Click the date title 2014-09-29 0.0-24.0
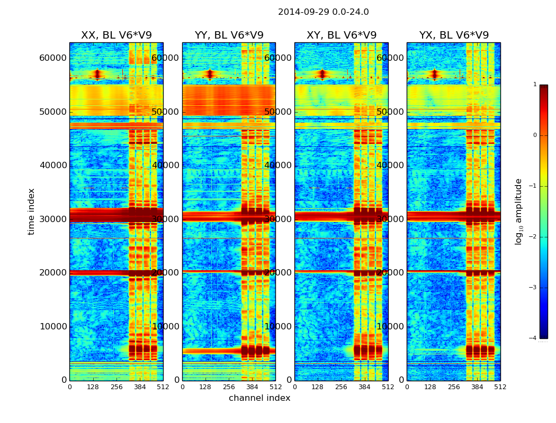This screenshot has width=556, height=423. (x=323, y=12)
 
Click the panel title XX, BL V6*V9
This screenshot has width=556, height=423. (x=116, y=35)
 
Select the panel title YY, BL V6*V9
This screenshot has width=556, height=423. (x=229, y=35)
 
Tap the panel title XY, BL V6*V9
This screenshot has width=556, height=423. (x=341, y=35)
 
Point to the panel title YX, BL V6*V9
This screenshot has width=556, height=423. (x=454, y=35)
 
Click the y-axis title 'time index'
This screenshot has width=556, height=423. (x=31, y=212)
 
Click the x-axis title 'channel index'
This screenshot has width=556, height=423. (x=259, y=398)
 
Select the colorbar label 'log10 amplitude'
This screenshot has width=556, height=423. (x=519, y=212)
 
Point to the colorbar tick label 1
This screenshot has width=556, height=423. (x=535, y=85)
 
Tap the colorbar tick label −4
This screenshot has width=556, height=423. (x=534, y=338)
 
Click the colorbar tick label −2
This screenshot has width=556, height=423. (x=534, y=237)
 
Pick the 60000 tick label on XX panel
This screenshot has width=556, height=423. (x=53, y=58)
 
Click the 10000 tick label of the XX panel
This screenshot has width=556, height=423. (x=53, y=326)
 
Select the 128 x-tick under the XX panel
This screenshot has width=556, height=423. (x=93, y=387)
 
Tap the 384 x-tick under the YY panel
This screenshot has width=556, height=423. (x=252, y=387)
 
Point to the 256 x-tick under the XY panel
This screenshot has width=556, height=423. (x=341, y=387)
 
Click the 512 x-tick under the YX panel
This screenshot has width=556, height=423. (x=500, y=387)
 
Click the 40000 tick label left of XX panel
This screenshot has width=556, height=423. (x=53, y=165)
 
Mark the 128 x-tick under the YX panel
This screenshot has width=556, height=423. (x=430, y=387)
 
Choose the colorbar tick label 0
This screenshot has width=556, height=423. (x=535, y=135)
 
